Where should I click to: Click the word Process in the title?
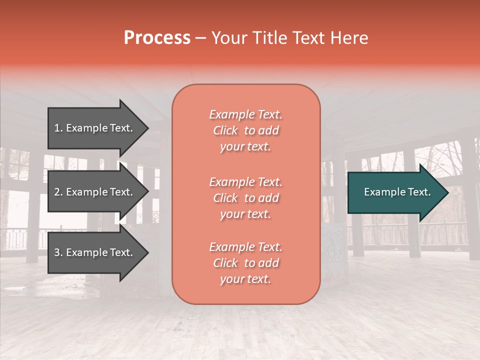157,38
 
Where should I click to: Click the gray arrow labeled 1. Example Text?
95,128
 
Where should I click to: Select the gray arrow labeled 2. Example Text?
95,192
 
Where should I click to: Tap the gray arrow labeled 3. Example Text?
95,252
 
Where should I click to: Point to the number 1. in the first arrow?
58,128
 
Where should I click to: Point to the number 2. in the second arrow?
58,192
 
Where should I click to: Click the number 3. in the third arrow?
58,252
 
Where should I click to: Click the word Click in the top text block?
225,130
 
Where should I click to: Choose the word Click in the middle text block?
225,198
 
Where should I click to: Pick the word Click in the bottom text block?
225,263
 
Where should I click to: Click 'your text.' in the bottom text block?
245,279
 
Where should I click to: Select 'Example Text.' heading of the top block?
245,114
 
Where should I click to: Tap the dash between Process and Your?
200,38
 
